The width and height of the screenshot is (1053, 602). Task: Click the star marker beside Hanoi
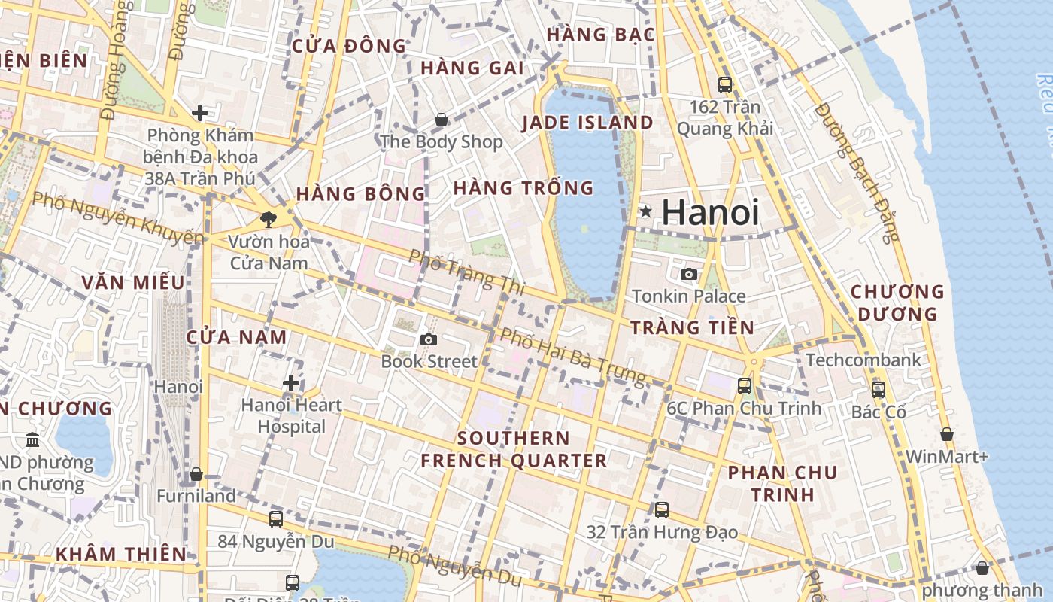[645, 212]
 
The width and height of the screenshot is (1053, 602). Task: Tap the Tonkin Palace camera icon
[688, 275]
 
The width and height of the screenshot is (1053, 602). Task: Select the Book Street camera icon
[429, 340]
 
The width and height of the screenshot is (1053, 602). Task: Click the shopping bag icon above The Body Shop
[442, 120]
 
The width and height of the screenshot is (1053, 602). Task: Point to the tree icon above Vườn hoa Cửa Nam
[268, 220]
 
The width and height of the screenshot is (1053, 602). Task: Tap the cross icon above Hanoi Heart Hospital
[291, 383]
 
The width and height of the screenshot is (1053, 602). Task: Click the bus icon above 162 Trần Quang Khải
[725, 84]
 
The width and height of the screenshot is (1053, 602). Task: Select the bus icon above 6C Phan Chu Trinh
[745, 386]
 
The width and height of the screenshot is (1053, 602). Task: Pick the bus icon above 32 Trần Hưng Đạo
[662, 510]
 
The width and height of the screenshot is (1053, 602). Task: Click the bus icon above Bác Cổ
[879, 390]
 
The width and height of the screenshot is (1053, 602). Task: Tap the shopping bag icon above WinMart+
[947, 434]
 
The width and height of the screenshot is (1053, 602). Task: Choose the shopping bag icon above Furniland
[196, 474]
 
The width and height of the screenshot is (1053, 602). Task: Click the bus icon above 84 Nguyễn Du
[276, 518]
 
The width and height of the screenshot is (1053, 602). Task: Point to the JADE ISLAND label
[587, 123]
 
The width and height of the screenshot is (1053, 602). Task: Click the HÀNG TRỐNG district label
[523, 188]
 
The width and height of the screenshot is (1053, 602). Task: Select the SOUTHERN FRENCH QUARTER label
[514, 449]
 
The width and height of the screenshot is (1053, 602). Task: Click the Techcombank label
[863, 360]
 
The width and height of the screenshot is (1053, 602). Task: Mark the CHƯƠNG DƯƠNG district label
[897, 303]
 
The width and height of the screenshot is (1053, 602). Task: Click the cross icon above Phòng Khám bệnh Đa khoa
[200, 114]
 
